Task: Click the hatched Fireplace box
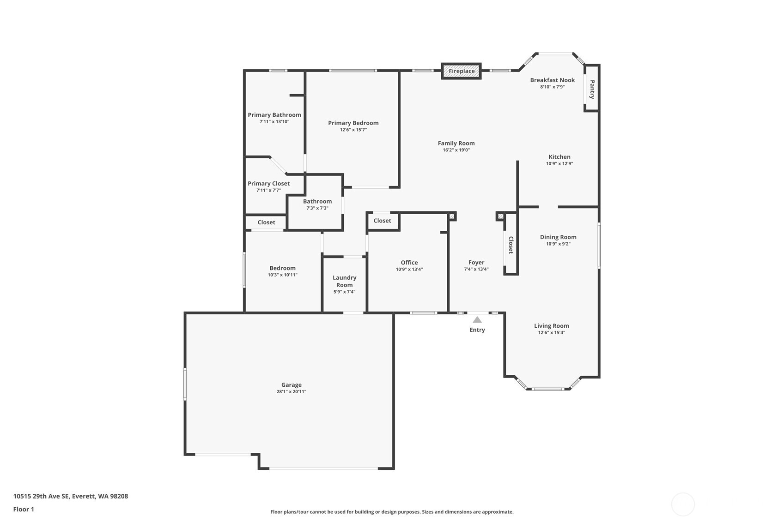[x=461, y=71]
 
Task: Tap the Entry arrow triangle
[x=477, y=320]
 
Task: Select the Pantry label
[x=592, y=89]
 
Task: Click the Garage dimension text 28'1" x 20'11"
[x=291, y=392]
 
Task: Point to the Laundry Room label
[x=344, y=281]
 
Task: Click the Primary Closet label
[x=268, y=184]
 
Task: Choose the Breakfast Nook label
[x=552, y=80]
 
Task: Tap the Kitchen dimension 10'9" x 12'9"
[x=559, y=164]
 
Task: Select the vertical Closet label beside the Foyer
[x=511, y=245]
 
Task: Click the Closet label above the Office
[x=382, y=221]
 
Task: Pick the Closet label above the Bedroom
[x=266, y=222]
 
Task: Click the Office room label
[x=409, y=263]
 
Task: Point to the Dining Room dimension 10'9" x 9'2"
[x=558, y=244]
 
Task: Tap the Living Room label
[x=551, y=326]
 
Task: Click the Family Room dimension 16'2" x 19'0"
[x=456, y=150]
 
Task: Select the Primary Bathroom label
[x=274, y=115]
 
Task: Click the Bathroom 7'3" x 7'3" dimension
[x=317, y=208]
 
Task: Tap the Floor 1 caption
[x=24, y=509]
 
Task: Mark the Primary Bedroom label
[x=353, y=123]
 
